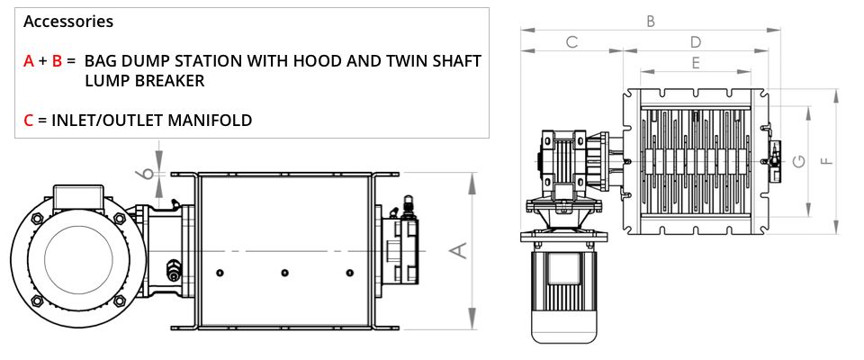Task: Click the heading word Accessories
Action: click(x=68, y=22)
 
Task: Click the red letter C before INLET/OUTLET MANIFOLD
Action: click(x=29, y=121)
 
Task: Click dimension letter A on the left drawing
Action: click(x=459, y=250)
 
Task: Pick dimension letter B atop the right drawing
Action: click(x=651, y=21)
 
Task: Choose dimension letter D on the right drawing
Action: click(x=696, y=42)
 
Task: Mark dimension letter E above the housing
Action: click(x=696, y=63)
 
